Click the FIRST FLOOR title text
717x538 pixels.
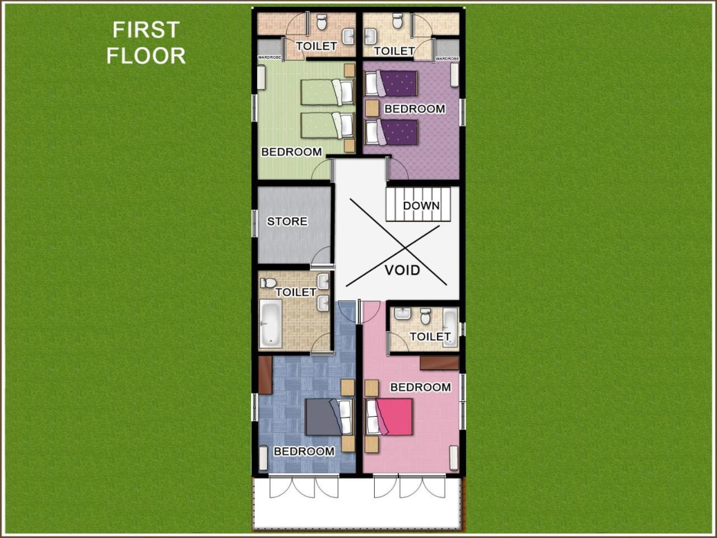coord(146,43)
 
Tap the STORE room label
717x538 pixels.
coord(287,221)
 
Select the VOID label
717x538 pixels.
coord(402,270)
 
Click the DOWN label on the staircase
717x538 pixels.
coord(421,206)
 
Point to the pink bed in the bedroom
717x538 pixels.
coord(389,417)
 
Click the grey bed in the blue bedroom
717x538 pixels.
coord(329,417)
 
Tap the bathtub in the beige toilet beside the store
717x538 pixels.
coord(271,323)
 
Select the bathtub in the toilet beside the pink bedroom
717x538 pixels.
coord(450,327)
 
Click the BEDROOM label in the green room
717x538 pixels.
coord(292,152)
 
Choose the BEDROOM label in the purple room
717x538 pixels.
coord(415,109)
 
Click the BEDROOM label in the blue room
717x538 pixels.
coord(304,452)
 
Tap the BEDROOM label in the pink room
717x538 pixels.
coord(421,387)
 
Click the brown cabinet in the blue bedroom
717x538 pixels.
coord(266,375)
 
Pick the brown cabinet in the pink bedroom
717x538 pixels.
coord(439,363)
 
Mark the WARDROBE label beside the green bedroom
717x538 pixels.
coord(269,58)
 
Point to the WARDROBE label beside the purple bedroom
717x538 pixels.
coord(448,58)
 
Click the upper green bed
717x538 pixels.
coord(328,92)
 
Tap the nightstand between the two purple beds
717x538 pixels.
coord(372,108)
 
